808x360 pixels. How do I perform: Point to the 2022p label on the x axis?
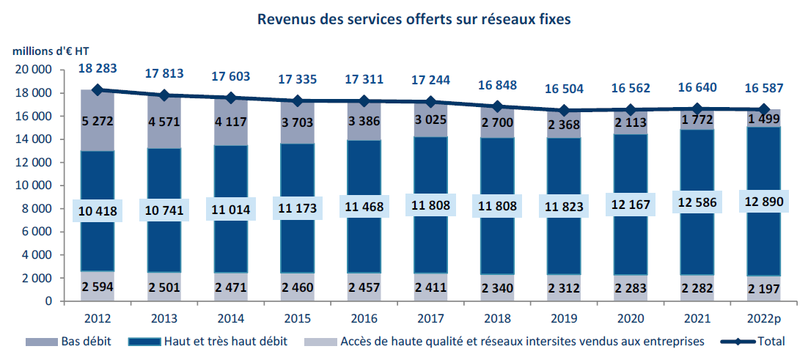click(x=764, y=319)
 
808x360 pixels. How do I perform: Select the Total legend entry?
click(x=770, y=341)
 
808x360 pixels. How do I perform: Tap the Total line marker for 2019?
click(x=565, y=111)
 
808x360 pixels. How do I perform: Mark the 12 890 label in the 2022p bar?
click(x=764, y=201)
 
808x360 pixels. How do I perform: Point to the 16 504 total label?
click(x=565, y=89)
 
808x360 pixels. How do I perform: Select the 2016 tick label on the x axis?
click(x=364, y=319)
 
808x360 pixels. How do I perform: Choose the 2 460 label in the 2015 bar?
click(x=298, y=289)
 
